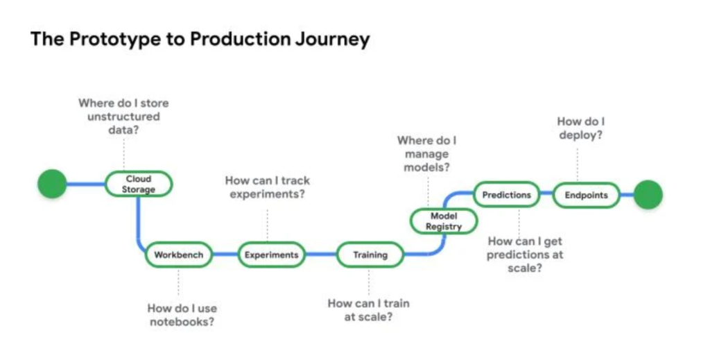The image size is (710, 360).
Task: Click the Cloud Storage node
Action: (139, 184)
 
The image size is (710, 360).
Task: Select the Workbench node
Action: (178, 255)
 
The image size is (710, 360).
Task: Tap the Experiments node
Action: (271, 255)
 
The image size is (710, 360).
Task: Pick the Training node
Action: (370, 255)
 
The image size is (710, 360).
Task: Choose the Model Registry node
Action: (444, 221)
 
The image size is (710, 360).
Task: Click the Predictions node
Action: (506, 195)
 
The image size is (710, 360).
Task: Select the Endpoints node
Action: (585, 195)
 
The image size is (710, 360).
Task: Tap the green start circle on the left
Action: (52, 184)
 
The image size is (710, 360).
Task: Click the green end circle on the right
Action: (648, 194)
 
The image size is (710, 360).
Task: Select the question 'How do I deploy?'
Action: (580, 128)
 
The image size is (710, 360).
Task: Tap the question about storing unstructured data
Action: (123, 116)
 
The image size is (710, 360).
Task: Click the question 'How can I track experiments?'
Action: (267, 187)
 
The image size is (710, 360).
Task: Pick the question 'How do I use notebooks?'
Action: (182, 315)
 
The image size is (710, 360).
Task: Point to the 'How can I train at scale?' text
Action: (369, 310)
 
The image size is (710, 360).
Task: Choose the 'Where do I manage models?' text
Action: (426, 154)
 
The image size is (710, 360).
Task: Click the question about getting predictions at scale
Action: (525, 255)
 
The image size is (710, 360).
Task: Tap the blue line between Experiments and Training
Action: (320, 255)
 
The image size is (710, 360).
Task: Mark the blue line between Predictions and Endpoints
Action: (546, 195)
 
